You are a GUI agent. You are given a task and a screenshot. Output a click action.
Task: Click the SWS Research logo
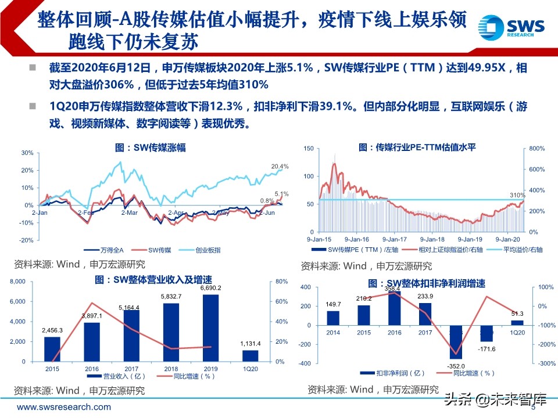(x=511, y=27)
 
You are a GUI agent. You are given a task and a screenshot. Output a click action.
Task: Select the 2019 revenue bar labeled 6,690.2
(x=210, y=328)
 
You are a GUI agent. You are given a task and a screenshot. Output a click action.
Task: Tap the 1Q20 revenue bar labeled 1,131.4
(x=250, y=356)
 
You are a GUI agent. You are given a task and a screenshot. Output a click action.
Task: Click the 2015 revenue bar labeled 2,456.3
(x=52, y=349)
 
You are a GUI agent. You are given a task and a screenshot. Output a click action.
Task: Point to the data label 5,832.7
(x=171, y=297)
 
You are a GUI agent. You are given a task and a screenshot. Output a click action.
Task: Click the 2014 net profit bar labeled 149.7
(x=333, y=318)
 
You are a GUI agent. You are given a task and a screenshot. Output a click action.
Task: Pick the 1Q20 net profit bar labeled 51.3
(x=517, y=322)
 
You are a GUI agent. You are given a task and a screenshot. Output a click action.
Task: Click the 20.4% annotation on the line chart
(x=280, y=167)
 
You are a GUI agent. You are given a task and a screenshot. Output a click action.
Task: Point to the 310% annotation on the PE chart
(x=517, y=195)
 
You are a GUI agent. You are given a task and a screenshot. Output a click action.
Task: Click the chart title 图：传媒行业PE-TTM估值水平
(x=417, y=147)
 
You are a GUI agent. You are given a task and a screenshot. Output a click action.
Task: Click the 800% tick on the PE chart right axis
(x=536, y=149)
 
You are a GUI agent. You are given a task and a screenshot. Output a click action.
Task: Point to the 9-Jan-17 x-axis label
(x=396, y=239)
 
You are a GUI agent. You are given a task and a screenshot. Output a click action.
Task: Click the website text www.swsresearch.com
(x=64, y=408)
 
